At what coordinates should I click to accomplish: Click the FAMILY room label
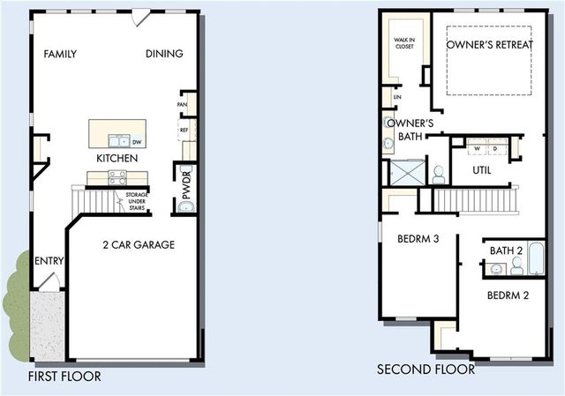pyautogui.click(x=60, y=54)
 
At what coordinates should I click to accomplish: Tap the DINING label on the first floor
pyautogui.click(x=164, y=54)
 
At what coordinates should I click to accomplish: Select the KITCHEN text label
pyautogui.click(x=117, y=158)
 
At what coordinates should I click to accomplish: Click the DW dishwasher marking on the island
pyautogui.click(x=137, y=141)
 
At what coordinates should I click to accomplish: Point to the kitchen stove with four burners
pyautogui.click(x=117, y=176)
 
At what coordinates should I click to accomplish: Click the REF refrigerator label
pyautogui.click(x=185, y=130)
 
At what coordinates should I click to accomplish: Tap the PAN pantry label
pyautogui.click(x=183, y=103)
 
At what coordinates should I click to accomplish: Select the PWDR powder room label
pyautogui.click(x=186, y=181)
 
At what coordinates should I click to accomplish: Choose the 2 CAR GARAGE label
pyautogui.click(x=138, y=244)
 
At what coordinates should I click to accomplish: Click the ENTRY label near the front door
pyautogui.click(x=48, y=262)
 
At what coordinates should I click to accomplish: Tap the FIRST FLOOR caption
pyautogui.click(x=64, y=377)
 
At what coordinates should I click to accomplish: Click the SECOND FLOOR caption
pyautogui.click(x=426, y=370)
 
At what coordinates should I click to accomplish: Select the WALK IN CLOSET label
pyautogui.click(x=403, y=42)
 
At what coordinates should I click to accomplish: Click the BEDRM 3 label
pyautogui.click(x=418, y=238)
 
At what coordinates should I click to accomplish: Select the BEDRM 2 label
pyautogui.click(x=508, y=295)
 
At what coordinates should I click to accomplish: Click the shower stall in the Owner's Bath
pyautogui.click(x=407, y=172)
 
